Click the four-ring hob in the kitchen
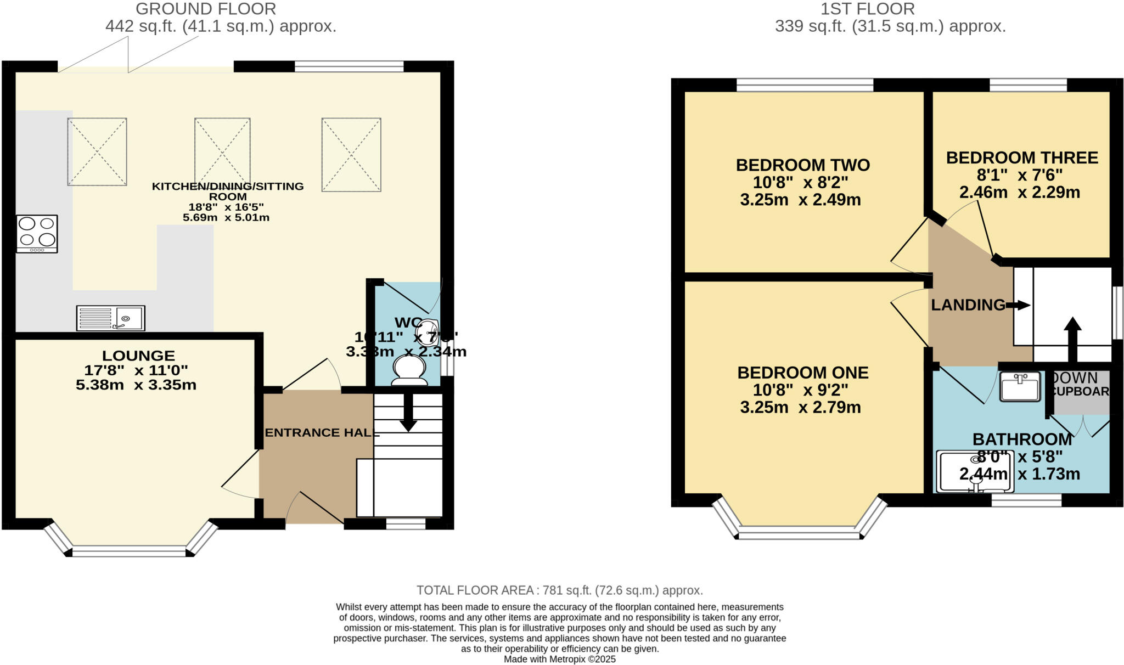tap(37, 234)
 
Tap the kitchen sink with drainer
tap(111, 318)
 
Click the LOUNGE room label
tap(138, 356)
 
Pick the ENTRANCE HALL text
tap(322, 432)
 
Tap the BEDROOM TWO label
tap(802, 165)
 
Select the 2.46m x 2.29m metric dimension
tap(1019, 193)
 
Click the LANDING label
tap(968, 305)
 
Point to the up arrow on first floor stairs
tap(1072, 337)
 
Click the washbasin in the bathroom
tap(1020, 387)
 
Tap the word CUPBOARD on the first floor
tap(1080, 392)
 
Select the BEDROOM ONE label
tap(802, 373)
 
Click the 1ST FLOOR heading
tap(867, 9)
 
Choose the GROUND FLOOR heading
tap(206, 9)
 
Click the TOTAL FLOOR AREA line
tap(559, 590)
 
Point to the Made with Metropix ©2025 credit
tap(559, 660)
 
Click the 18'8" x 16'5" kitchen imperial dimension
tap(226, 207)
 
